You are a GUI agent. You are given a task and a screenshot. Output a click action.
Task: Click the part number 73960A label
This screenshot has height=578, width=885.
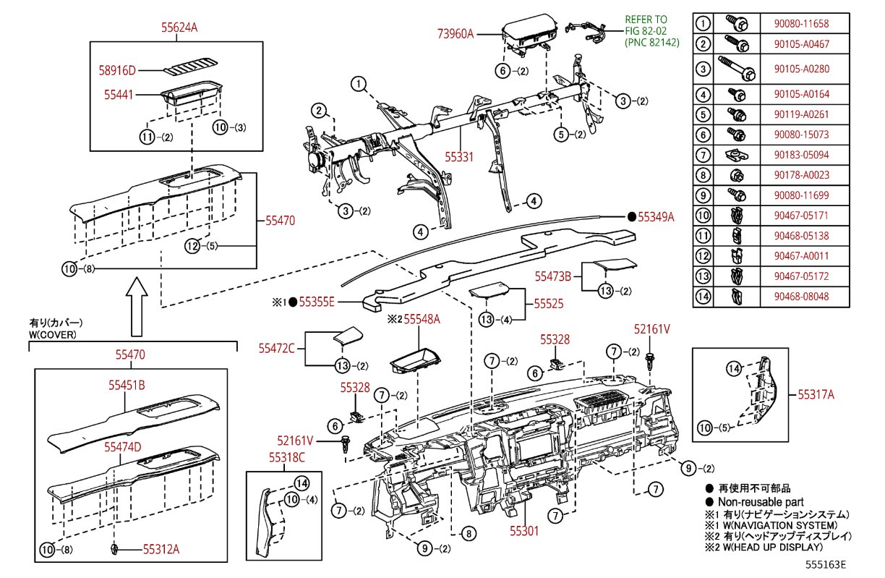[455, 33]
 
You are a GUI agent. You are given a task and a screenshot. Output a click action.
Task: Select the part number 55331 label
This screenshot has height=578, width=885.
[459, 156]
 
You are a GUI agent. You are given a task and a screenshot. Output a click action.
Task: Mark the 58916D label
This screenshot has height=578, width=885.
[117, 71]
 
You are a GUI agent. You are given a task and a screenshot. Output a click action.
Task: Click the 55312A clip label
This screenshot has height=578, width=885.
[161, 549]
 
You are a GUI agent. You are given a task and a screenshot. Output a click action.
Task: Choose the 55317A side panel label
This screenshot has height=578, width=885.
[816, 394]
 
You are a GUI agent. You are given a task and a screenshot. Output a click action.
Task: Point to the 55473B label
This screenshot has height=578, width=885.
[553, 276]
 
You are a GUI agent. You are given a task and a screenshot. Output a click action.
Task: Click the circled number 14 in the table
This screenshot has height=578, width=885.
[703, 295]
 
